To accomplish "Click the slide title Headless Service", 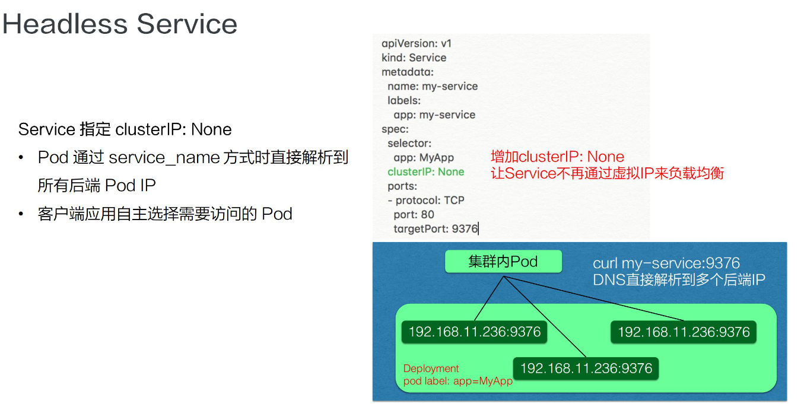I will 120,24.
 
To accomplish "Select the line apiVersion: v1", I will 417,43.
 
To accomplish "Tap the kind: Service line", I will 414,58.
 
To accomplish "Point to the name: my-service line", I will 433,86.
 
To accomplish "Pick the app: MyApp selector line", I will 424,157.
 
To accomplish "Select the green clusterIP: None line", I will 425,171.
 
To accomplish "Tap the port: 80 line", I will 414,214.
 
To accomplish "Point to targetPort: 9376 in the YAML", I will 436,228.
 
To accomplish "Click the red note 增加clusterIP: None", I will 557,157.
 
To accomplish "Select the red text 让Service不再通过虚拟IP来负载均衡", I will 607,173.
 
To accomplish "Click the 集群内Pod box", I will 503,262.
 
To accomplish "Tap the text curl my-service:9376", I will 666,263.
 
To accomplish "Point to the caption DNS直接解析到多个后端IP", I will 679,279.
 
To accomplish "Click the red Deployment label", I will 431,368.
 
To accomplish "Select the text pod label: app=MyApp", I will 457,381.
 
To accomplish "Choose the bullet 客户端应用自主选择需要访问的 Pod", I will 165,214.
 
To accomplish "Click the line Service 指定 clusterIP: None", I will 125,129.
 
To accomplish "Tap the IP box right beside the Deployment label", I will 586,368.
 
